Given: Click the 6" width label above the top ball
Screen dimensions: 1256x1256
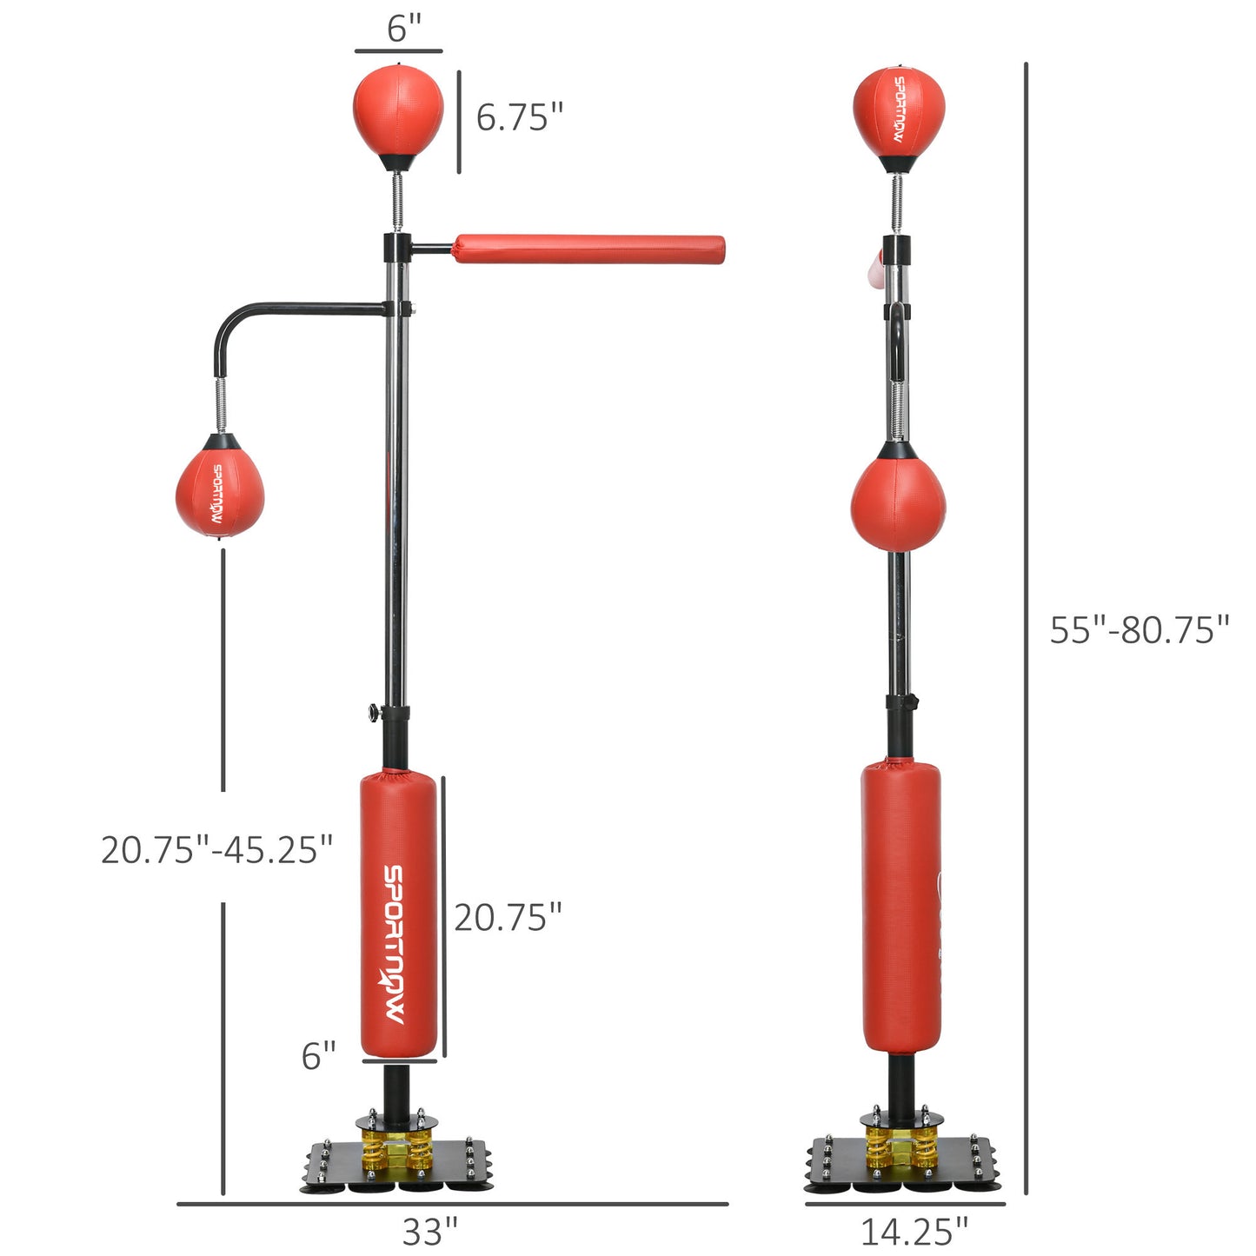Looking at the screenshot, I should (x=403, y=28).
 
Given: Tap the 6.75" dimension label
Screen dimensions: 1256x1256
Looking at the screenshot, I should (x=519, y=116).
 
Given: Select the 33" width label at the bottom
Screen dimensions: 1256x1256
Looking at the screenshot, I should (x=429, y=1231).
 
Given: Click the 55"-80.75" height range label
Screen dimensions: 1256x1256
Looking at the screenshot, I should (x=1139, y=629).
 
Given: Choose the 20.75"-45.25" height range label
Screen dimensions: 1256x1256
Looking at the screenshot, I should (x=216, y=849).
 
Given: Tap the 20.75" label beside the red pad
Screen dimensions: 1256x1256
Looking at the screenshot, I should (x=508, y=917).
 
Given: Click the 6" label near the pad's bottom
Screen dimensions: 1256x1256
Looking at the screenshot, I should (x=318, y=1056).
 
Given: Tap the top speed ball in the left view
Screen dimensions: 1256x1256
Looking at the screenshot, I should (x=398, y=111).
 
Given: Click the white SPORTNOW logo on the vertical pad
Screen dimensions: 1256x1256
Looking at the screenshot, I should (x=395, y=944).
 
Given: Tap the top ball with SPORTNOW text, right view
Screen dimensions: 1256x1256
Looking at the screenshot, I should (x=899, y=110).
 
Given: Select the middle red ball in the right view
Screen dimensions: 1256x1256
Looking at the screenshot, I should (x=898, y=504).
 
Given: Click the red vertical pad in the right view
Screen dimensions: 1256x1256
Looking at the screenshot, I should (x=900, y=904).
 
